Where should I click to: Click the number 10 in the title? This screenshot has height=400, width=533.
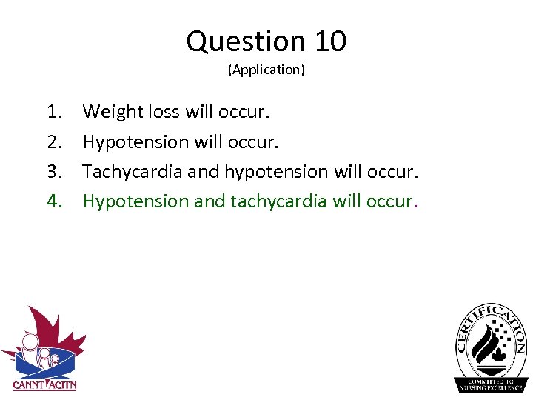point(330,41)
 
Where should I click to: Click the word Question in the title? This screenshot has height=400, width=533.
point(247,41)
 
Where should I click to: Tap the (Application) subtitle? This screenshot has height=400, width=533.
point(266,70)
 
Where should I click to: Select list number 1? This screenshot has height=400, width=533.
point(54,112)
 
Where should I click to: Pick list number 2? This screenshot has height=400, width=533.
point(54,141)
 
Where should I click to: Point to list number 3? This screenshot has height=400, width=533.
point(54,171)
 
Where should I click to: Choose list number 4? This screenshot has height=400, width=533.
point(54,201)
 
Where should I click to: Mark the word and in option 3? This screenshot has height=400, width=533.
point(203,172)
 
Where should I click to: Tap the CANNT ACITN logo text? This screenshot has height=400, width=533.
point(44,384)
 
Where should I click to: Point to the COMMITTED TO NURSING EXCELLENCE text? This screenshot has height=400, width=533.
point(491,384)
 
